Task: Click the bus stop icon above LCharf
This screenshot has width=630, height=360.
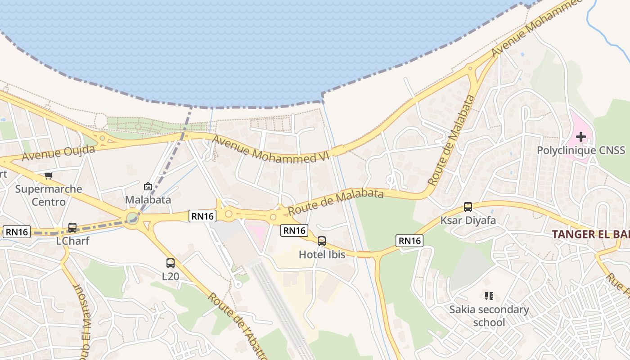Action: click(x=72, y=228)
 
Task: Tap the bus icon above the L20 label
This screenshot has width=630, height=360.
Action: click(x=171, y=263)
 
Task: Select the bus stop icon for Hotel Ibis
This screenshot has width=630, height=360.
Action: click(x=322, y=241)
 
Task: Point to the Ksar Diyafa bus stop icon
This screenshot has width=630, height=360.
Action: click(x=468, y=207)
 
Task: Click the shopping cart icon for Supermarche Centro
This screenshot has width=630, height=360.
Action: click(x=48, y=175)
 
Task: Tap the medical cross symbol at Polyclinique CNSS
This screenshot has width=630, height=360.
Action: click(x=580, y=136)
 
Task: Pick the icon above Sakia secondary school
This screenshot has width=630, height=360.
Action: click(x=489, y=296)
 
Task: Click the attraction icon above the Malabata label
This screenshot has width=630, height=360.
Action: click(x=148, y=186)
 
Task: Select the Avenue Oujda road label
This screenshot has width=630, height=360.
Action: click(x=58, y=153)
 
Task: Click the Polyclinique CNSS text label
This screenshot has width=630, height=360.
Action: click(x=580, y=150)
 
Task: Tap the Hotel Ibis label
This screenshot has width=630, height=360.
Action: click(x=322, y=255)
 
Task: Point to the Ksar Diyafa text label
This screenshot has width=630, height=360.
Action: click(x=468, y=220)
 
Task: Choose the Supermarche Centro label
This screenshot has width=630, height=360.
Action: click(x=49, y=195)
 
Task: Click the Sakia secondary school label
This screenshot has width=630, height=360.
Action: click(x=489, y=316)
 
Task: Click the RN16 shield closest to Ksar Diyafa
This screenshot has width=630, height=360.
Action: click(x=409, y=241)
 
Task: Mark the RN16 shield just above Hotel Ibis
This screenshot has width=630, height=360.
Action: click(x=294, y=230)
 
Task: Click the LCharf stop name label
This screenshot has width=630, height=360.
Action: click(x=72, y=241)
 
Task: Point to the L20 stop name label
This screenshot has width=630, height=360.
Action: click(x=171, y=276)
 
